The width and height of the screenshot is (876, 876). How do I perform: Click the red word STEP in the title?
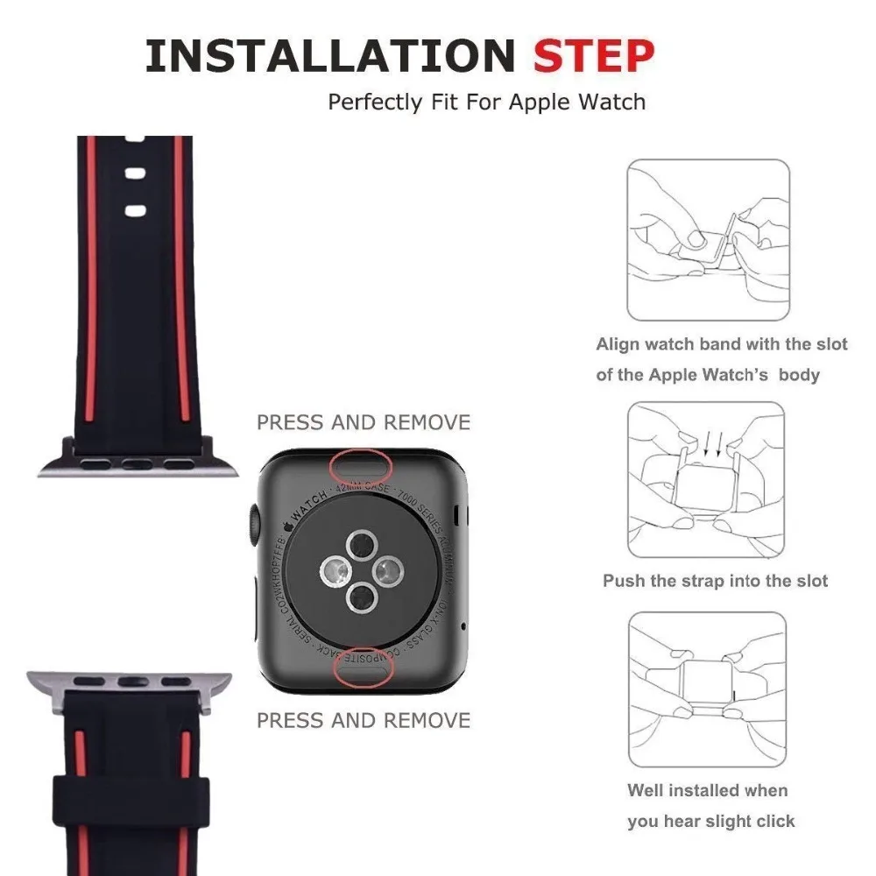pyautogui.click(x=594, y=56)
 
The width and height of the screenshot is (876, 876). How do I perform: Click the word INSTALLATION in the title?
pyautogui.click(x=329, y=56)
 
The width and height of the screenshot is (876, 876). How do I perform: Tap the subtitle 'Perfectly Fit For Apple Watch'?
pyautogui.click(x=486, y=102)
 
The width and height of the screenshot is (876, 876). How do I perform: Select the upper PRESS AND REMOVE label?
pyautogui.click(x=363, y=422)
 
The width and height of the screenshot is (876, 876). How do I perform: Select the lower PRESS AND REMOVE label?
pyautogui.click(x=363, y=720)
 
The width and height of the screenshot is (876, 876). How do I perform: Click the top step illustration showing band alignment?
pyautogui.click(x=708, y=239)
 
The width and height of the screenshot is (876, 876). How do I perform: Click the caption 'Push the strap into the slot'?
pyautogui.click(x=715, y=581)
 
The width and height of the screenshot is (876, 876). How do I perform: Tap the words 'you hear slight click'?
pyautogui.click(x=710, y=821)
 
